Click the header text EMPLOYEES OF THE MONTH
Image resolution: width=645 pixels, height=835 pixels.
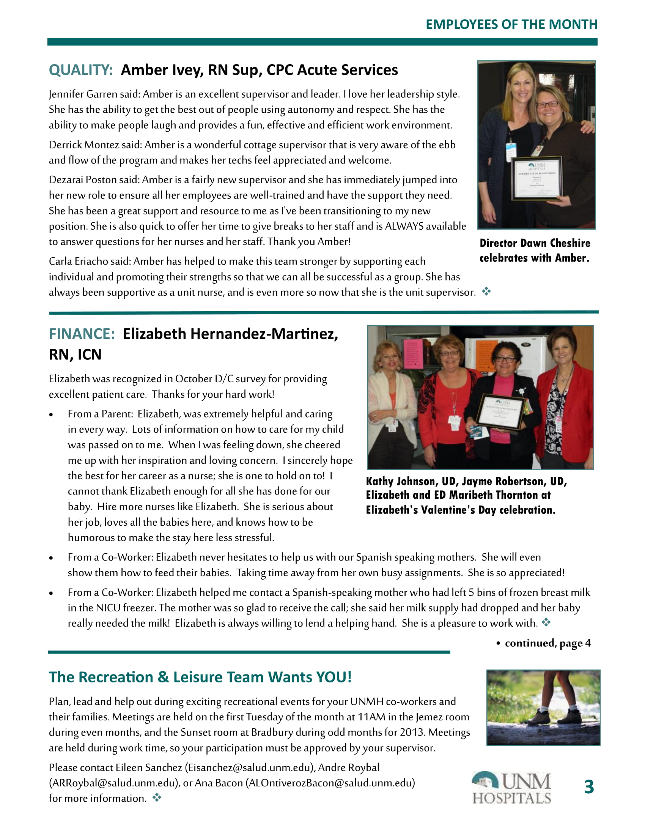pos(511,24)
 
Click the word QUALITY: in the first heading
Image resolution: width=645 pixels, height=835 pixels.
pos(80,70)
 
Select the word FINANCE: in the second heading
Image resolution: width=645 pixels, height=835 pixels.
pos(82,334)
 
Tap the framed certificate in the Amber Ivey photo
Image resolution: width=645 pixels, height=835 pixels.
pos(537,178)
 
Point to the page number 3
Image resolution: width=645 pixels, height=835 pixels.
pos(589,787)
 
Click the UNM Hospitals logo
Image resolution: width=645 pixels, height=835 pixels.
pos(511,788)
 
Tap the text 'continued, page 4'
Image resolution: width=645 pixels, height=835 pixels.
pos(547,643)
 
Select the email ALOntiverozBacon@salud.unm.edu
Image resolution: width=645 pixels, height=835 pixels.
pos(330,783)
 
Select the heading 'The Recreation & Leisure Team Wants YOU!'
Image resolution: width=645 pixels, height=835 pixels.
pos(200,677)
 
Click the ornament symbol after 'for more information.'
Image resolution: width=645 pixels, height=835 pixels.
pos(157,797)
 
